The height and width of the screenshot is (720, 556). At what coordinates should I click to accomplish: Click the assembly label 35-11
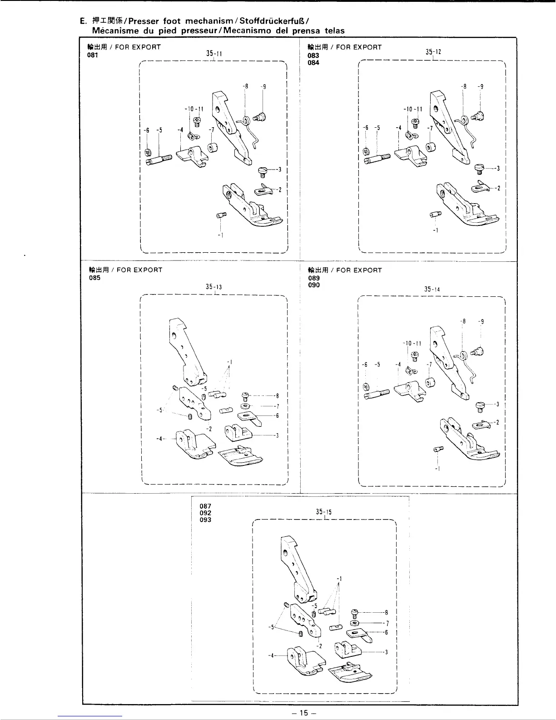coord(213,54)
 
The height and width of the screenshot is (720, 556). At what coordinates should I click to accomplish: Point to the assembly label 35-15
coord(324,512)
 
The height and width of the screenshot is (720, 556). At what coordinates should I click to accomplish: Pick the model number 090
coord(313,285)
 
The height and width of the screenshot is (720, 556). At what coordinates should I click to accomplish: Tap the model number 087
coord(205,505)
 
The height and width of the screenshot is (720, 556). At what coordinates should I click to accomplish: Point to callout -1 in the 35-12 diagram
coord(436,230)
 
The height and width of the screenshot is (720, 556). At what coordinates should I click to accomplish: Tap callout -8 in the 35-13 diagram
coord(277,395)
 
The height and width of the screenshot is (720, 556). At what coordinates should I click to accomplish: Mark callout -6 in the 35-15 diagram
coord(386,632)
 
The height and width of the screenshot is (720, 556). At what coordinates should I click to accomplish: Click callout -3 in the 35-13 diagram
coord(277,435)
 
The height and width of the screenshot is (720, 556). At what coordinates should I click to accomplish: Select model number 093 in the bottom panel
coord(205,520)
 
